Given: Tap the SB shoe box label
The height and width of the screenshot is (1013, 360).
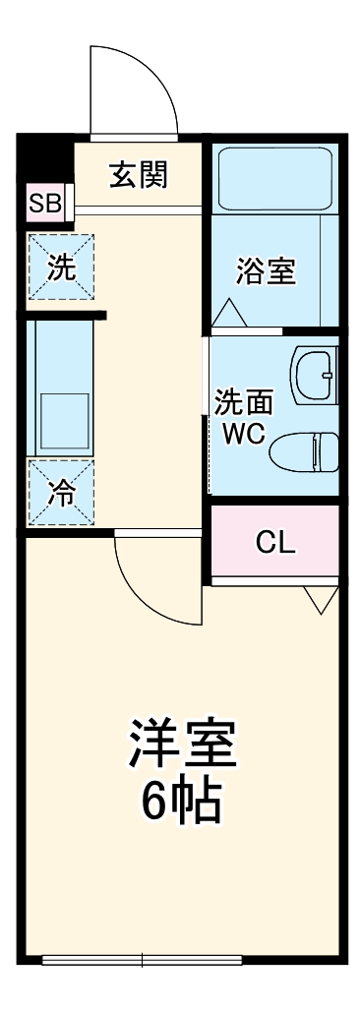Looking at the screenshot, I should tap(44, 205).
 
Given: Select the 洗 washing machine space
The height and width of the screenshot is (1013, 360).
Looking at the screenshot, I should tap(61, 268).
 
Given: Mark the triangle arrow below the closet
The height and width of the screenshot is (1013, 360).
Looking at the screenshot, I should tap(320, 599).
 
